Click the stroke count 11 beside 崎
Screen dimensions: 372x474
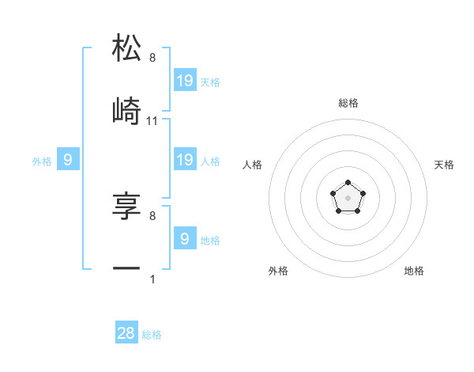tap(152, 120)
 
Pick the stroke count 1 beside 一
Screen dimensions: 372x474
tap(152, 279)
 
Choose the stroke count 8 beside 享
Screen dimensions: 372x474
tap(152, 215)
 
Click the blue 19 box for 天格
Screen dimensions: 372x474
tap(185, 81)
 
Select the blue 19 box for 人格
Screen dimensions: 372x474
tap(185, 160)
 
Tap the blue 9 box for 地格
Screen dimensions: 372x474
tap(185, 239)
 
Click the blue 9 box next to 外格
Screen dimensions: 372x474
tap(68, 160)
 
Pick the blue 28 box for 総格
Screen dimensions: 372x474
tap(126, 333)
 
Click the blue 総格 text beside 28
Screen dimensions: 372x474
tap(152, 335)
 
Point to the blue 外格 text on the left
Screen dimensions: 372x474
tap(42, 161)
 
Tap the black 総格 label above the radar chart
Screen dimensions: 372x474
tap(348, 103)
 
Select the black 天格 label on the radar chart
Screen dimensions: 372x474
tap(445, 165)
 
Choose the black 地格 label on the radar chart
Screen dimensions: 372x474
tap(414, 271)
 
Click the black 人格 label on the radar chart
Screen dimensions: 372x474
tap(252, 165)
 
